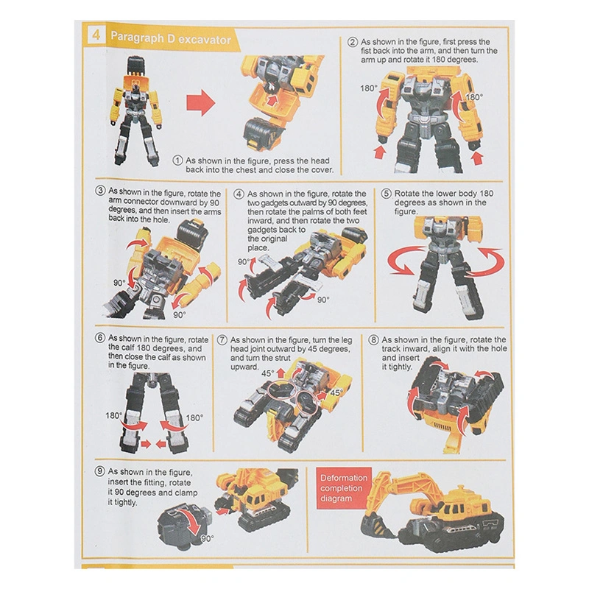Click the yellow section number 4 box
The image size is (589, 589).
[95, 38]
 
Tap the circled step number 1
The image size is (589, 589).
[177, 160]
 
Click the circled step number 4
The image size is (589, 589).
[239, 194]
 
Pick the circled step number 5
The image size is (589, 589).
[387, 194]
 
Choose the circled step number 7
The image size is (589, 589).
[222, 339]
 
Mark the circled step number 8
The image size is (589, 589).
[374, 339]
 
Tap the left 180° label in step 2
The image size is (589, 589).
[368, 88]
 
